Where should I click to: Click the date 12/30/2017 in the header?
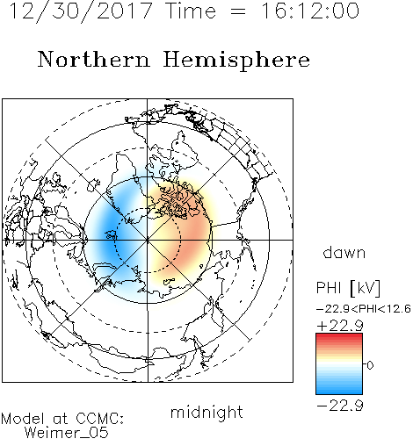[81, 11]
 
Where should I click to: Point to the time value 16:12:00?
[310, 11]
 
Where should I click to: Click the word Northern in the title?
[94, 59]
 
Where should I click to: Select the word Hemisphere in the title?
[236, 61]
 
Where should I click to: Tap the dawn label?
[344, 253]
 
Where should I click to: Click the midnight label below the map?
[206, 412]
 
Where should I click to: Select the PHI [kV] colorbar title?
[348, 288]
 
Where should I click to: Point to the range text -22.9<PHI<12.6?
[364, 309]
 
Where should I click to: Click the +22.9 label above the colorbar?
[340, 326]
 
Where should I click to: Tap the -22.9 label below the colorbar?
[340, 406]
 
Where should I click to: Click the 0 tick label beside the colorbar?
[370, 365]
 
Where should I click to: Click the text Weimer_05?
[67, 433]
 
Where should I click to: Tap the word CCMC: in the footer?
[99, 419]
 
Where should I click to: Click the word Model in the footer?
[23, 419]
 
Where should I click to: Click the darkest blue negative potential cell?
[109, 231]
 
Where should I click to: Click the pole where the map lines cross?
[148, 240]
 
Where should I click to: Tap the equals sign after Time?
[238, 11]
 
